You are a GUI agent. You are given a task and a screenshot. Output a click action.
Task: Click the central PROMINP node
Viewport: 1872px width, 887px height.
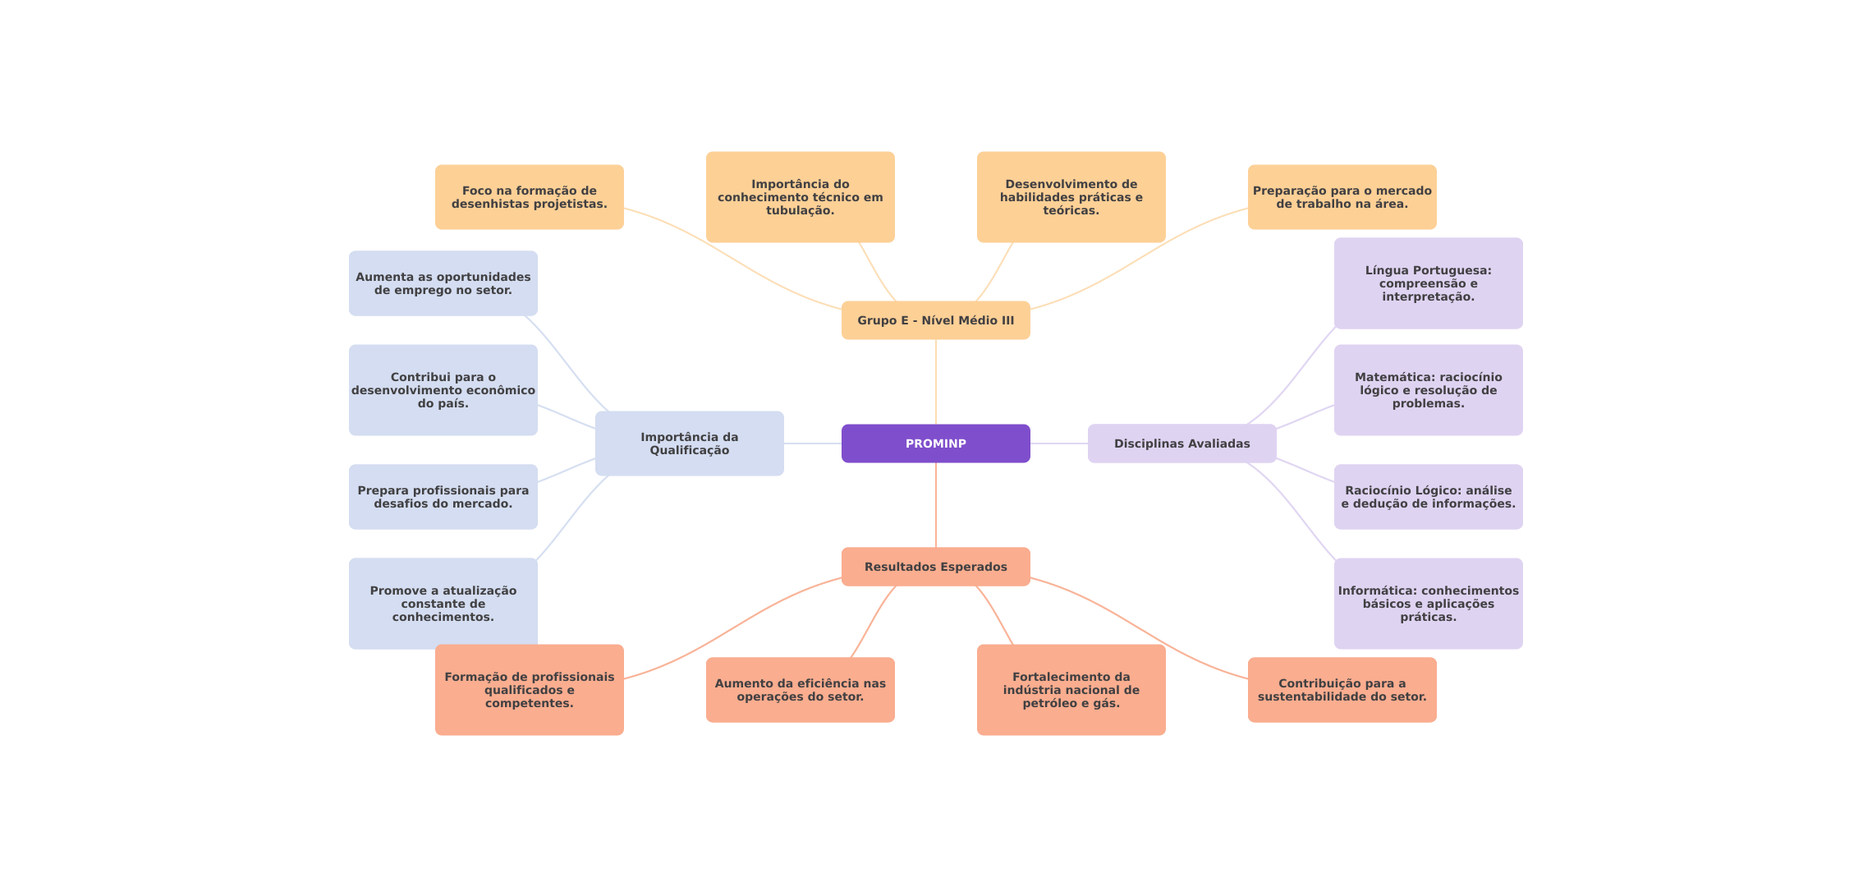[935, 443]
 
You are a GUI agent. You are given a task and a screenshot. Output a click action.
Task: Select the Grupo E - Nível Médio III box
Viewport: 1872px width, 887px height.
[935, 320]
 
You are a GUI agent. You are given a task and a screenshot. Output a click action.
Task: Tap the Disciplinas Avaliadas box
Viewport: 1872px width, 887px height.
[1181, 443]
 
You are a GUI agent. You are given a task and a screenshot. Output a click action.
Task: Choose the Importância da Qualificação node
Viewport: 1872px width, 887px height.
[689, 443]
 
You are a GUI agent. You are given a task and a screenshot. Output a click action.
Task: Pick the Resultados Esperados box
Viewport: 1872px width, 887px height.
[935, 567]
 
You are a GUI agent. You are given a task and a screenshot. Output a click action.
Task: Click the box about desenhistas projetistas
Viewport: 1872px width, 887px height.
[529, 197]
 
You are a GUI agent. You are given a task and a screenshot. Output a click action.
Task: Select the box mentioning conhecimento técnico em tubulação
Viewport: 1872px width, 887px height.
[800, 197]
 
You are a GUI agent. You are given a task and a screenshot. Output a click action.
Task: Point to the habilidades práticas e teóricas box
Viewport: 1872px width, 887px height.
[1071, 197]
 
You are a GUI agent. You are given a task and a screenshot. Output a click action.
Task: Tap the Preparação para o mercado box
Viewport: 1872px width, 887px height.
[1342, 197]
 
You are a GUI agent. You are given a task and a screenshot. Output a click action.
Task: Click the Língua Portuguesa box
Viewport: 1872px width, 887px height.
[1428, 283]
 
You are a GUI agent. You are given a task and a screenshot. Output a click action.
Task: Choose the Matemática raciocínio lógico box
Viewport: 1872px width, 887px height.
[1428, 390]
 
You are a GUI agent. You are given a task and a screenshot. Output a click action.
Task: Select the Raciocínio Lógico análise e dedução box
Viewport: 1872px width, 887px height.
[1428, 497]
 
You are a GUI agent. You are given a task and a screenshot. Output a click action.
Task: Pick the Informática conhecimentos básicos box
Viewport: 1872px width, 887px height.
[1428, 604]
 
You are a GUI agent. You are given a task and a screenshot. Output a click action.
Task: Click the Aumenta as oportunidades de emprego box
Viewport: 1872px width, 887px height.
[443, 283]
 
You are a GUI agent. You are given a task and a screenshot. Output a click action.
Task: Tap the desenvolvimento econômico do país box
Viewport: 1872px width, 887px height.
[443, 390]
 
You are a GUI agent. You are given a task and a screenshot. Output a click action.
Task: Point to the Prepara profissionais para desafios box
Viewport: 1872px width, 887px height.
[443, 497]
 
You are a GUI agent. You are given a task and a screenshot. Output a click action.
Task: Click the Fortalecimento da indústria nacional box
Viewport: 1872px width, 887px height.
[1071, 690]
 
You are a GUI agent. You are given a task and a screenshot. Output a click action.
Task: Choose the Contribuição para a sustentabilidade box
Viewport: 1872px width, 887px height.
[1342, 690]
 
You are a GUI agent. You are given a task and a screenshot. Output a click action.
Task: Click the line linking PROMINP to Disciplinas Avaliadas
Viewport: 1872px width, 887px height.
[1059, 443]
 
